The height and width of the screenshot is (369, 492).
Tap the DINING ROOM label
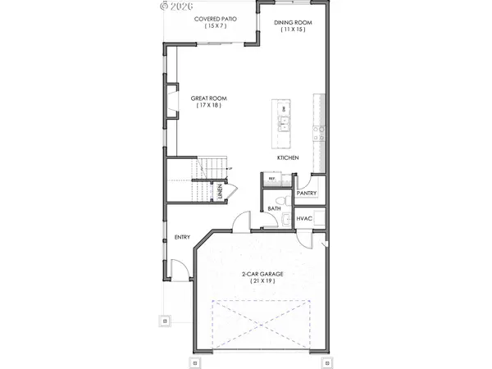pos(293,22)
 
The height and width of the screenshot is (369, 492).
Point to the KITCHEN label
pos(287,157)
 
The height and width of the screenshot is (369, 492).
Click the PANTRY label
pos(307,194)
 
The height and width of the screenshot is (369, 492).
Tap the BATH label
pos(275,208)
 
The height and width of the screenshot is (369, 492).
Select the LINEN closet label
pos(220,193)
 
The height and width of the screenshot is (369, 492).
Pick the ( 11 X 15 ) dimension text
pos(293,30)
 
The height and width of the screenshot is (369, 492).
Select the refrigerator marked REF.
pos(271,178)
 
